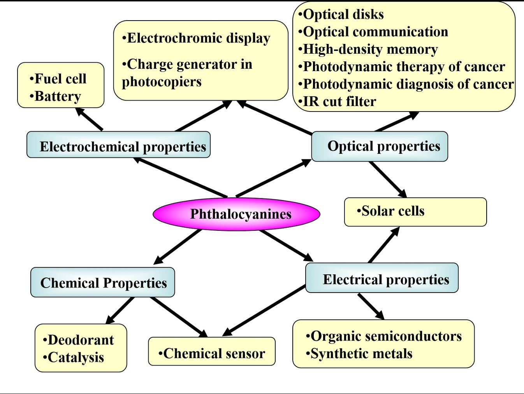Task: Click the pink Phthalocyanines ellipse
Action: (236, 214)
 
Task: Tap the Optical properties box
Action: (380, 146)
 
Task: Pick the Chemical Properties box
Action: (103, 282)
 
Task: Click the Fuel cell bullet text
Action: (58, 78)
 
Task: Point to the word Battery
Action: (58, 96)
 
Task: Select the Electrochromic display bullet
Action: (197, 38)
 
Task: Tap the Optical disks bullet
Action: (341, 14)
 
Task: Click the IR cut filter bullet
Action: (338, 101)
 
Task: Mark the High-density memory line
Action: (368, 49)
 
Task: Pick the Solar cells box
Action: (415, 212)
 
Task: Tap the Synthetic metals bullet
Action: (359, 354)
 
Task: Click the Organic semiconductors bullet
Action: (384, 336)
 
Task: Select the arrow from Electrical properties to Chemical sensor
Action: (264, 311)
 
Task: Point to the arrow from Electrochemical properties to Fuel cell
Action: (89, 119)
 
